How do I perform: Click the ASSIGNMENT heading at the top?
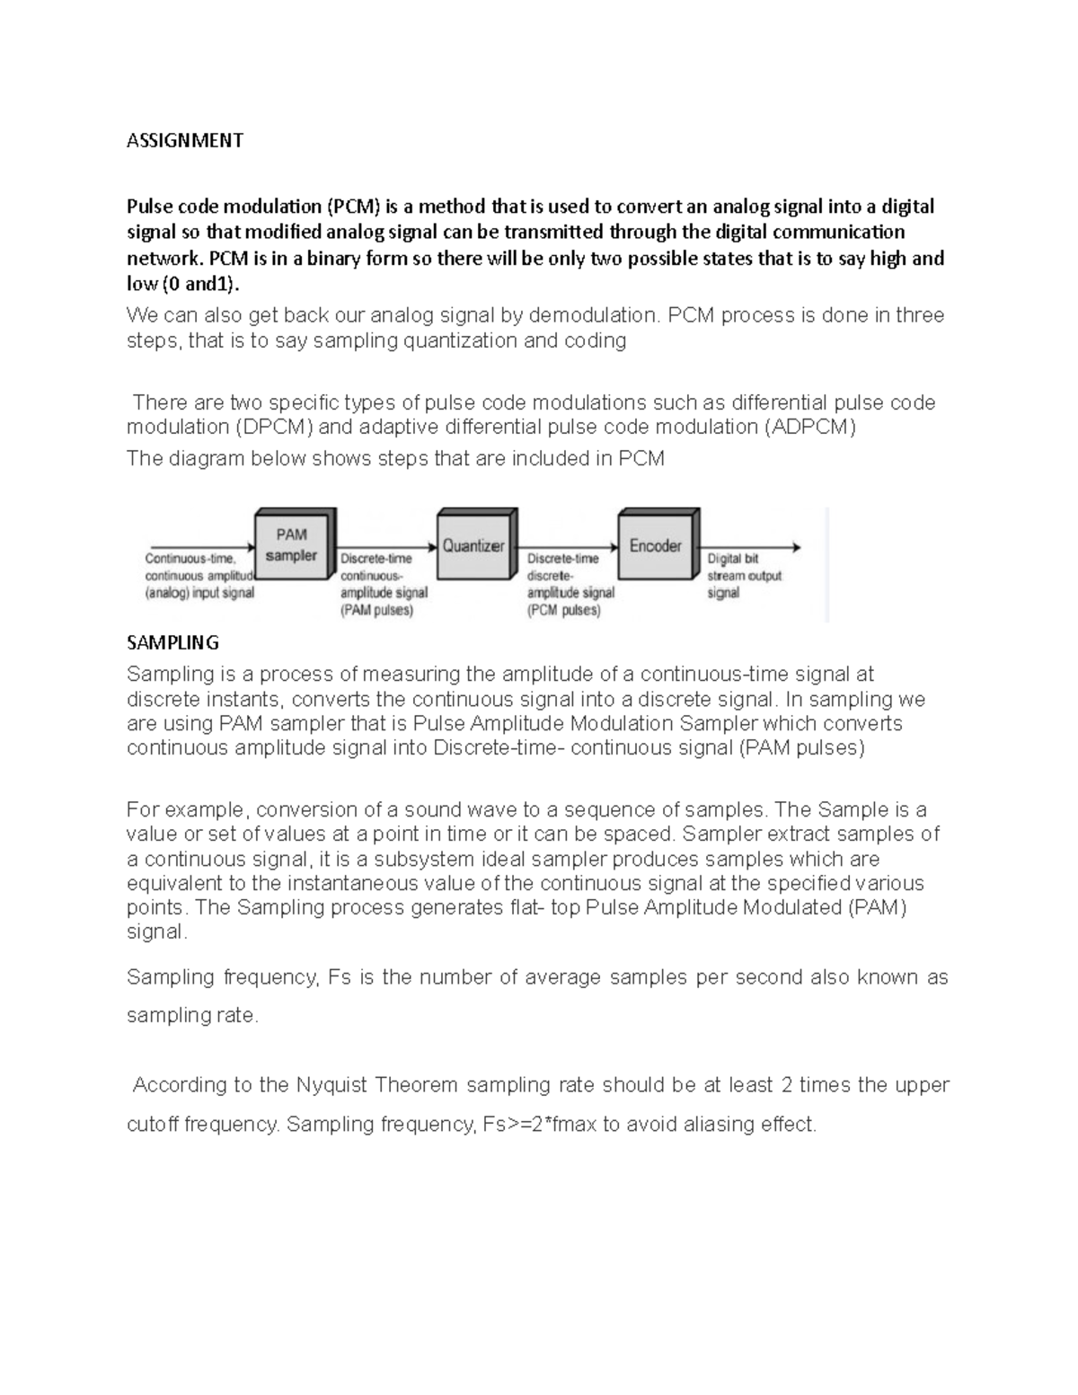pyautogui.click(x=184, y=140)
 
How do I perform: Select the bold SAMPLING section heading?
pyautogui.click(x=172, y=642)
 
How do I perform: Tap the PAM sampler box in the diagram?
pyautogui.click(x=292, y=545)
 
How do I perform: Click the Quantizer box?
pyautogui.click(x=473, y=545)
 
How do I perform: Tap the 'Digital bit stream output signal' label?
pyautogui.click(x=744, y=576)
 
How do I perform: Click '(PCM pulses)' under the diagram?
pyautogui.click(x=563, y=610)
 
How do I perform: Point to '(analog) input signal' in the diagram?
pyautogui.click(x=199, y=593)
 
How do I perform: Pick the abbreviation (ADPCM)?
pyautogui.click(x=809, y=427)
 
